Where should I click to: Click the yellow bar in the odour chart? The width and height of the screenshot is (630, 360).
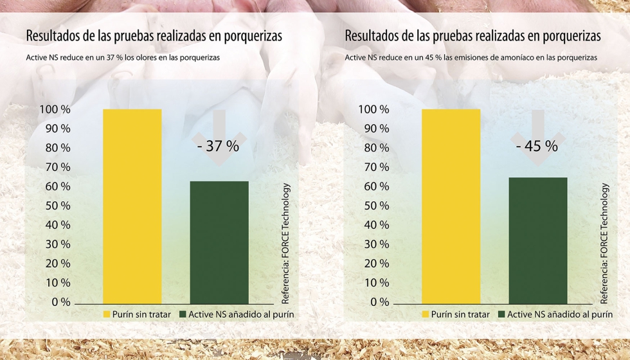click(x=132, y=206)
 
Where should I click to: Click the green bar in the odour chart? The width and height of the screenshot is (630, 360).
click(x=219, y=242)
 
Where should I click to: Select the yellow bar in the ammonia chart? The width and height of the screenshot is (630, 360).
click(x=451, y=206)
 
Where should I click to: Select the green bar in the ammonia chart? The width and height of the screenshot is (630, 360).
click(x=538, y=240)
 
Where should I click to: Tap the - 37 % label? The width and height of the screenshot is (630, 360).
click(x=219, y=146)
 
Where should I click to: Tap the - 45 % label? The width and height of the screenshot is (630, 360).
click(x=537, y=146)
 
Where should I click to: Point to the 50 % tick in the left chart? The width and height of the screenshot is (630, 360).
click(x=57, y=206)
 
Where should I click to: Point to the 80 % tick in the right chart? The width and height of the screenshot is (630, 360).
click(x=375, y=148)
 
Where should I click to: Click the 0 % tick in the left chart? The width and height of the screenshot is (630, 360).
click(x=60, y=302)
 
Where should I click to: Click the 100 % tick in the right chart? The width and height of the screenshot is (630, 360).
click(x=373, y=109)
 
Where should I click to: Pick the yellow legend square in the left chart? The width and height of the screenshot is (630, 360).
click(x=107, y=315)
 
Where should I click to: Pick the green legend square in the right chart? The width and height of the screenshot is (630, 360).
click(x=502, y=315)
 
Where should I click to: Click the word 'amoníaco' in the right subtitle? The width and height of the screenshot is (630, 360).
click(x=514, y=57)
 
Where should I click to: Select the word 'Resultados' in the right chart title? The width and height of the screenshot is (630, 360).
click(x=372, y=35)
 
